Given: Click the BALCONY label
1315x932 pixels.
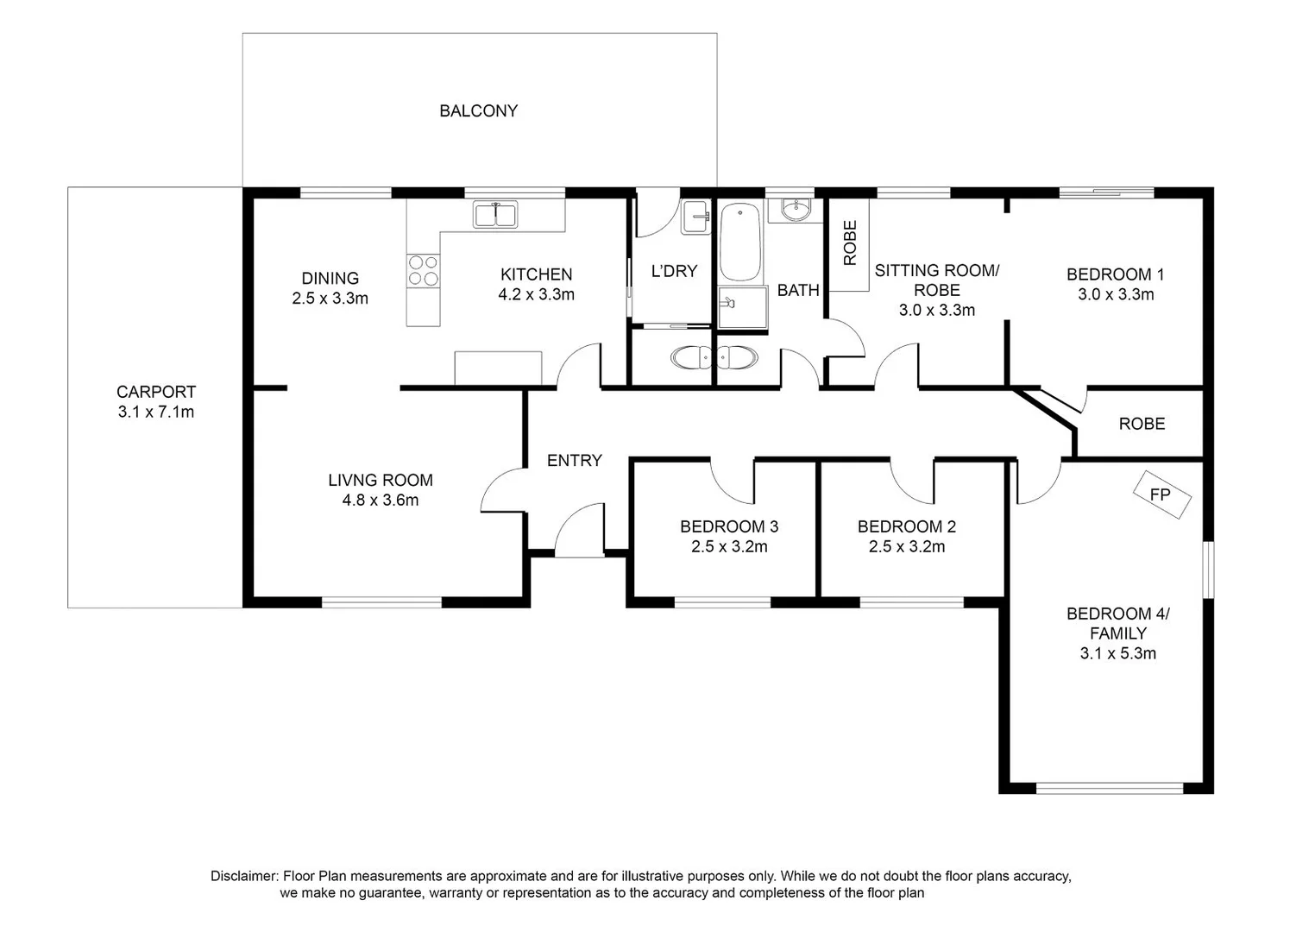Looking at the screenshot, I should click(478, 110).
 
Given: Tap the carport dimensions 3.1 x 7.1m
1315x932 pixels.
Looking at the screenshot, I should click(156, 412).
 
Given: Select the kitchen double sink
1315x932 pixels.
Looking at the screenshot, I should click(495, 214).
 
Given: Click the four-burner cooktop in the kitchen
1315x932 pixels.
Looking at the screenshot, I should click(423, 270).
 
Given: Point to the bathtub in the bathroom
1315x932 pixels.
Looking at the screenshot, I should click(739, 242).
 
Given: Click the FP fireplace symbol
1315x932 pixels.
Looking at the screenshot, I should click(1161, 494).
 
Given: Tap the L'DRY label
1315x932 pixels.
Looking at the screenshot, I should click(674, 271).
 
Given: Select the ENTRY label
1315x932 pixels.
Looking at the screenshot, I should click(574, 461).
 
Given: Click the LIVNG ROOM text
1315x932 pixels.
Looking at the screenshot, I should click(381, 480).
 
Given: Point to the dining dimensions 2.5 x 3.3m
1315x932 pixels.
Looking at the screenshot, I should click(330, 299).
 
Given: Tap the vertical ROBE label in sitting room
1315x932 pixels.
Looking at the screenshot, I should click(850, 242).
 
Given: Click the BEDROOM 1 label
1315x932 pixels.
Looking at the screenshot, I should click(1115, 274).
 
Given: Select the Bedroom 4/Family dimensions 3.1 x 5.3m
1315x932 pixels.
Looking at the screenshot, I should click(1117, 653).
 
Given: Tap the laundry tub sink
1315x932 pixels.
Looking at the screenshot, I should click(695, 217).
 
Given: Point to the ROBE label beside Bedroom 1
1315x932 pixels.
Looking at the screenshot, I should click(1142, 424).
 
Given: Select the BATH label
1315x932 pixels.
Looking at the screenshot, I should click(798, 290).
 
